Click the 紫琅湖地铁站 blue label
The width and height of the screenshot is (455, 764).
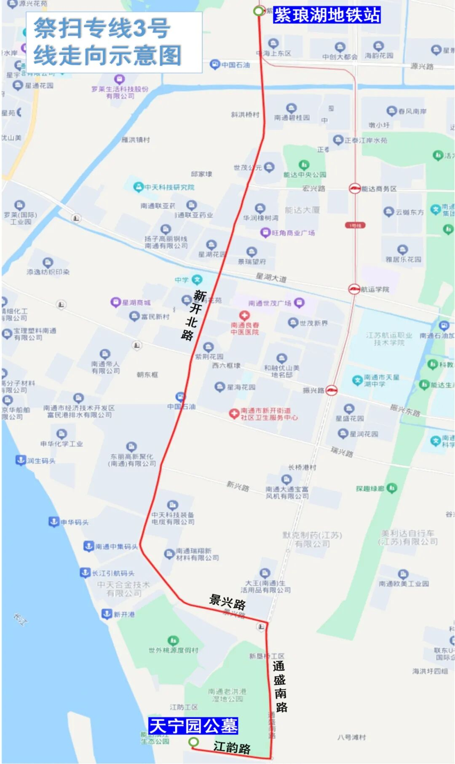[327, 15]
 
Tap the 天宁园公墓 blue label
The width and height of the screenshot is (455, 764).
[193, 726]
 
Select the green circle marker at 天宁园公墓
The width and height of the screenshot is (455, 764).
[193, 742]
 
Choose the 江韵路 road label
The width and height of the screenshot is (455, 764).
[232, 747]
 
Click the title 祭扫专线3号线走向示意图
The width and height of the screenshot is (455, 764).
[107, 41]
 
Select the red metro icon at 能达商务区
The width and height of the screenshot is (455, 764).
[355, 188]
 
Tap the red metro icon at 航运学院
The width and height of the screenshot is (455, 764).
[354, 289]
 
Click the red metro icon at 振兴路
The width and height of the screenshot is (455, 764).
[332, 390]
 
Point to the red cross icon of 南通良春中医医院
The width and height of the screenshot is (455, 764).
[244, 315]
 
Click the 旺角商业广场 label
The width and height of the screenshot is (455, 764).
[293, 233]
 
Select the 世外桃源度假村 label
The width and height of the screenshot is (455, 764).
[173, 650]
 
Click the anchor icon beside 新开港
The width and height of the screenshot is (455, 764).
[107, 614]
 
